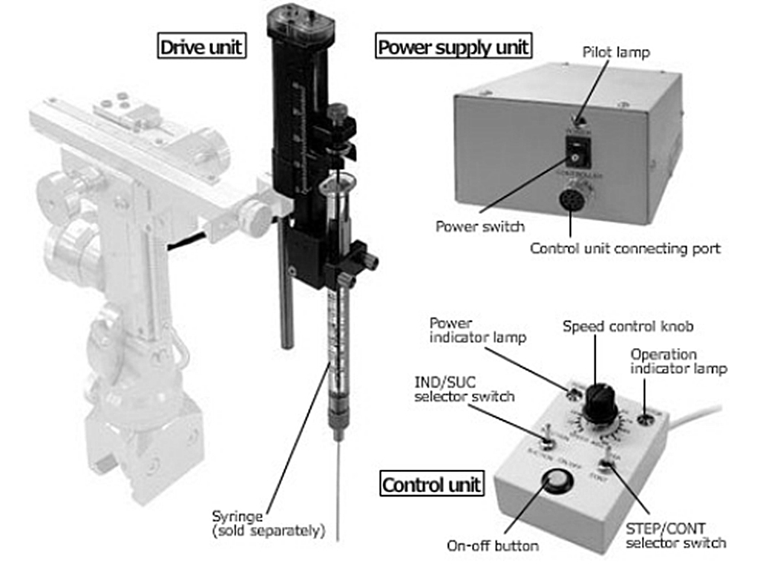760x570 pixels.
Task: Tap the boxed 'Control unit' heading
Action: coord(431,485)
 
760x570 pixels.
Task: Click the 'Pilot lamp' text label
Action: coord(615,53)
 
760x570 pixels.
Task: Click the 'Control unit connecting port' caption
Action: coord(624,249)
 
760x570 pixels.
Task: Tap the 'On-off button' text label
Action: coord(493,546)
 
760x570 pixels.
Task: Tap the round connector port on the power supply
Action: coord(571,201)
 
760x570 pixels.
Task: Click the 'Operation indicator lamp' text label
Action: coord(678,361)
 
